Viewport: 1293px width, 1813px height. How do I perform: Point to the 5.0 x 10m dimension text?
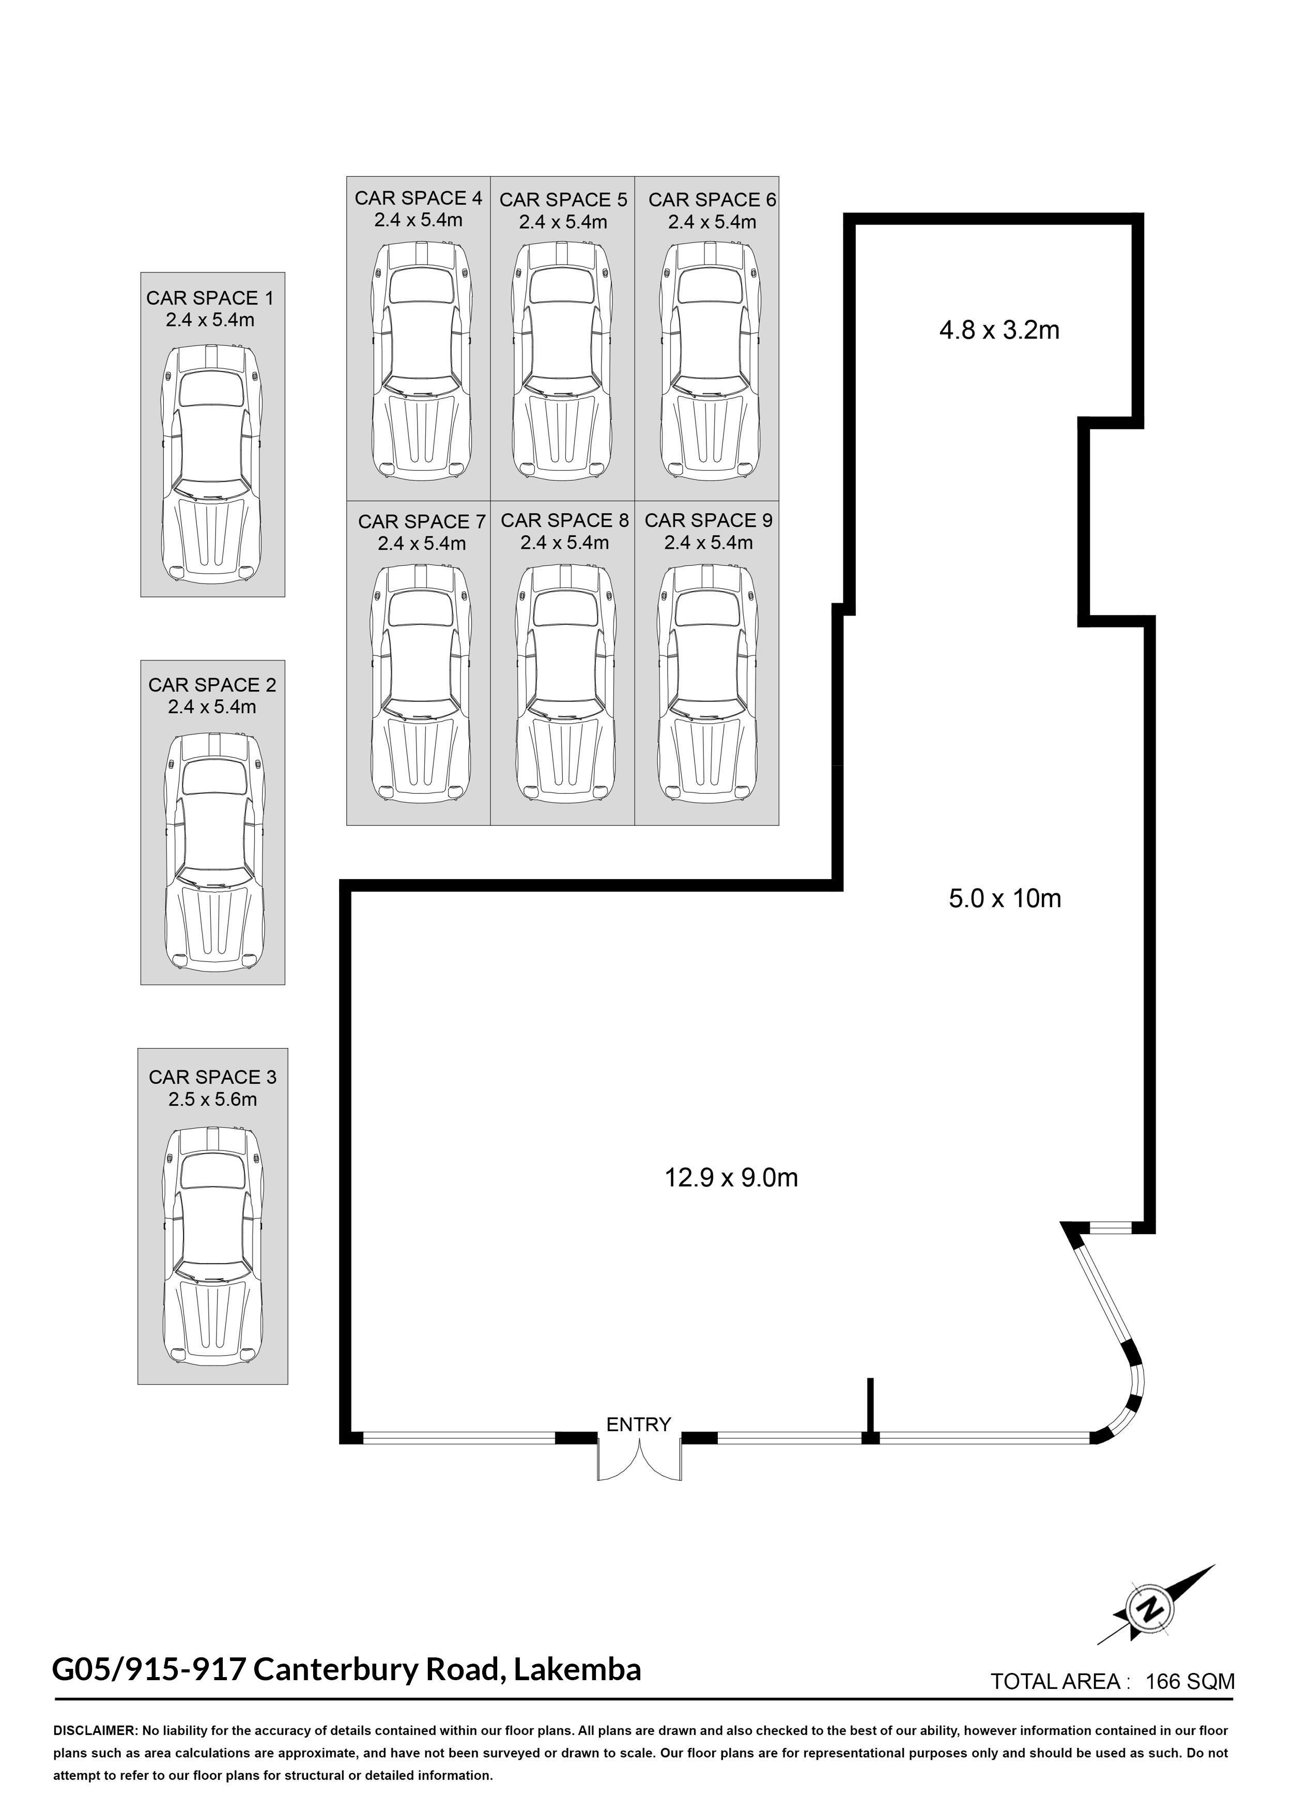[1005, 898]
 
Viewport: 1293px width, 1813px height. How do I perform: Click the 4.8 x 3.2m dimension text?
[999, 330]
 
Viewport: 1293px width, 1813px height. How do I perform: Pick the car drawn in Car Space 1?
[212, 464]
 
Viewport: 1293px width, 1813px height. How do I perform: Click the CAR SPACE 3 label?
[212, 1077]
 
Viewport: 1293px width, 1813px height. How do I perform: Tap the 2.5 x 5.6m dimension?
[212, 1100]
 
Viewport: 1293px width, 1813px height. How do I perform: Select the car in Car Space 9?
[706, 682]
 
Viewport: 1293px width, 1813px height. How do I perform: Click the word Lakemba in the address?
[577, 1669]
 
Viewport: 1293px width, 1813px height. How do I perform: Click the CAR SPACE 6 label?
[712, 200]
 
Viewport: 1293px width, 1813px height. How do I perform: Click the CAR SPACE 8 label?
[564, 521]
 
